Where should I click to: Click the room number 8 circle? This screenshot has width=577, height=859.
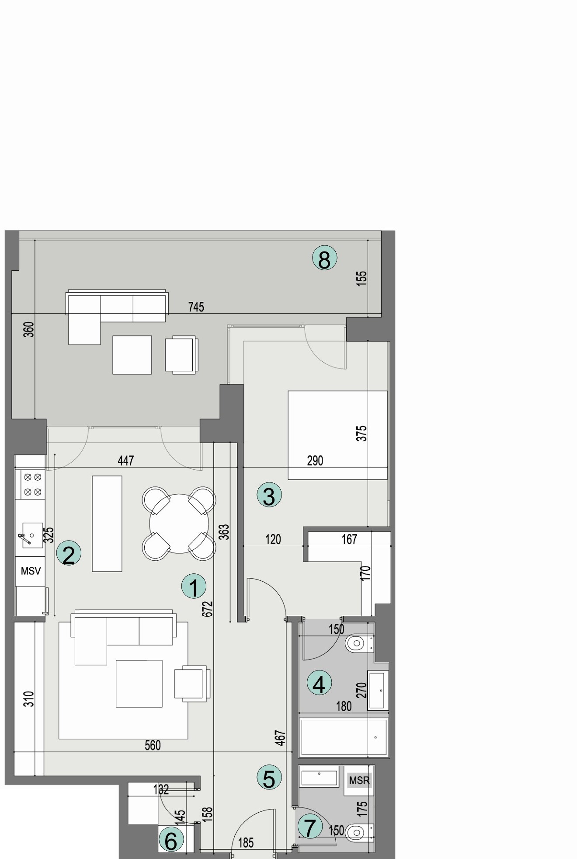(324, 258)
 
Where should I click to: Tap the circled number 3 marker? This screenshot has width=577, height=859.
(269, 496)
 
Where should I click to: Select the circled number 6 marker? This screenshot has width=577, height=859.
(171, 841)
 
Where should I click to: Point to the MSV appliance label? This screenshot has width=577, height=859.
(31, 571)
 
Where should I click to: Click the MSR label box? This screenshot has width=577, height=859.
(359, 780)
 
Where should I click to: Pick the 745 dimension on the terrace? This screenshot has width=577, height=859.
(196, 307)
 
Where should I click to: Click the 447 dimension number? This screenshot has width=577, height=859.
(126, 461)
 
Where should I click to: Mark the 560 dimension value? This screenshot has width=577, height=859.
(153, 745)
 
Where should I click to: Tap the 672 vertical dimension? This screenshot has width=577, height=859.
(208, 609)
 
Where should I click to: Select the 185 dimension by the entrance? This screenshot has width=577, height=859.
(246, 843)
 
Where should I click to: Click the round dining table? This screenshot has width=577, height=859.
(178, 524)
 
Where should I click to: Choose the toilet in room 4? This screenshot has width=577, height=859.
(359, 643)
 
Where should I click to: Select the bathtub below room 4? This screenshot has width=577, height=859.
(344, 737)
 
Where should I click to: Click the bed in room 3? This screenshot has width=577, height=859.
(337, 435)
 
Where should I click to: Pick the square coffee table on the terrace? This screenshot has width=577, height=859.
(132, 355)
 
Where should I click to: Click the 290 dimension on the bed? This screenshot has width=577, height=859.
(315, 461)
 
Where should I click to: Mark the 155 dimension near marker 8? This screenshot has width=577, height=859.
(361, 279)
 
